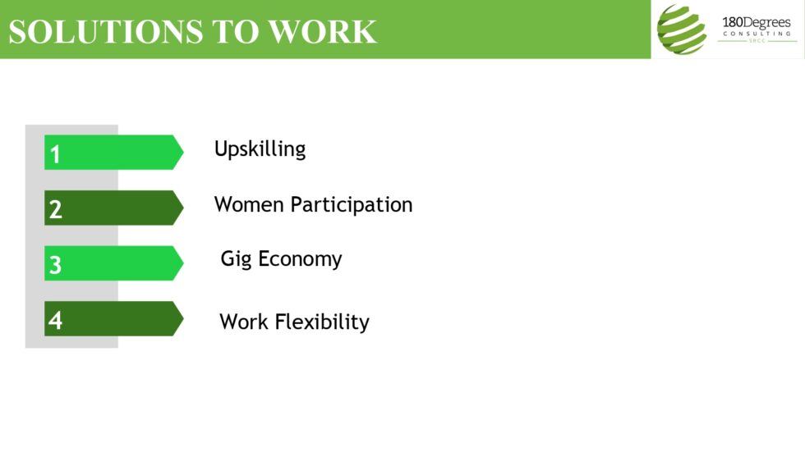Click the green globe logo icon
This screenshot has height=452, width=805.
pyautogui.click(x=681, y=30)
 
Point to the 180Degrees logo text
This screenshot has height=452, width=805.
pyautogui.click(x=756, y=23)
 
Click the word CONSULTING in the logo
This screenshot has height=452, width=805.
pyautogui.click(x=757, y=34)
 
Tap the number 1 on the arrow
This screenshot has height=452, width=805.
pyautogui.click(x=55, y=154)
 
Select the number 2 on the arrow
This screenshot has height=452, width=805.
pyautogui.click(x=55, y=209)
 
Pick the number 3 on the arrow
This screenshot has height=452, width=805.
pyautogui.click(x=55, y=265)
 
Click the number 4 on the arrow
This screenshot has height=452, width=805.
pyautogui.click(x=55, y=320)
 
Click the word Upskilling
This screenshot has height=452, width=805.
pyautogui.click(x=260, y=149)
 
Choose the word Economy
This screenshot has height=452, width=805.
pyautogui.click(x=300, y=260)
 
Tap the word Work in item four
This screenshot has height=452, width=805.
pyautogui.click(x=244, y=322)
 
